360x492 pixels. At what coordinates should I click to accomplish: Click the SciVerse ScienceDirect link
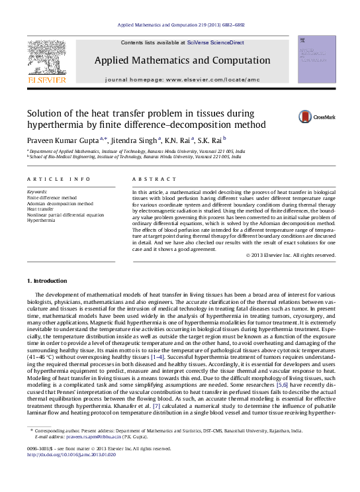tap(215, 42)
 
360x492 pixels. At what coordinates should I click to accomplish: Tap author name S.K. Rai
tap(210, 140)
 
